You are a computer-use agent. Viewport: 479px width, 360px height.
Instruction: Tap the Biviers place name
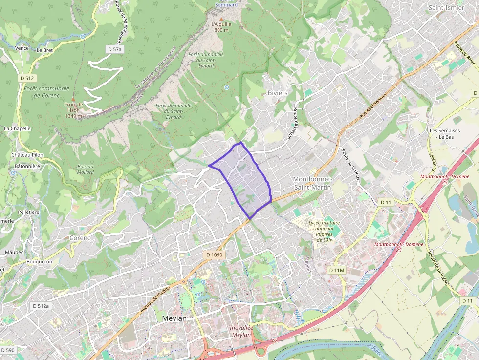278,93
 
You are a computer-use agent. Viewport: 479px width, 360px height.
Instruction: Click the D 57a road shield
114,49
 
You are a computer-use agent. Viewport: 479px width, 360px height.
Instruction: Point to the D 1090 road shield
214,255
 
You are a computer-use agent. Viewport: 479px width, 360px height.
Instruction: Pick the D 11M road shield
337,270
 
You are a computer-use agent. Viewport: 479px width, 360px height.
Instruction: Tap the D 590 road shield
8,350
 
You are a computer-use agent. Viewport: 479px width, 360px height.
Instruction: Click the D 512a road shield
41,306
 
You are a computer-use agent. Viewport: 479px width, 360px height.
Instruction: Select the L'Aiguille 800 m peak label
221,27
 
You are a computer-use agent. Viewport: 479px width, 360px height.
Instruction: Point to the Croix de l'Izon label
73,110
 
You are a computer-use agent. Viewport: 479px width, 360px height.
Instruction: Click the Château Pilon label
28,155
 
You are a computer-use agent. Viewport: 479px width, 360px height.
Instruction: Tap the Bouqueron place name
40,262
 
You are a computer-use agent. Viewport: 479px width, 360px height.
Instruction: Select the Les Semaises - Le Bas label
445,134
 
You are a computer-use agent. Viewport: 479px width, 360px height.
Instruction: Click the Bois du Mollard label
85,169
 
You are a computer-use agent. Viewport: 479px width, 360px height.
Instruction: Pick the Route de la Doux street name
350,165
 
